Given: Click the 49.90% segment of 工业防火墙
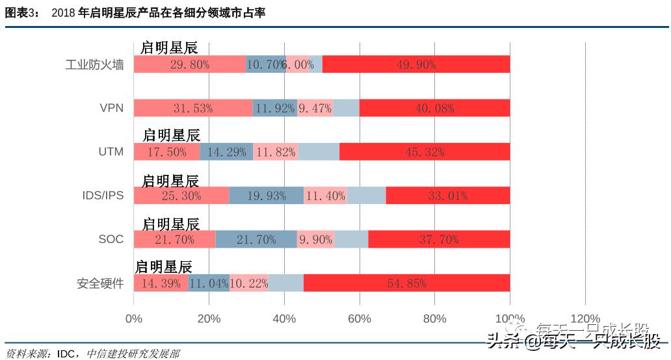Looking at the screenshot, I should click(416, 64).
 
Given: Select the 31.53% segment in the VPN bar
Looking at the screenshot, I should click(193, 108).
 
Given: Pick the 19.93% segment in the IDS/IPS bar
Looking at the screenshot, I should click(266, 195).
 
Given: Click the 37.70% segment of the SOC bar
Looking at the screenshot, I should click(439, 239).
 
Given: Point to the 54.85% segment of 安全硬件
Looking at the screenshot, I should click(406, 283).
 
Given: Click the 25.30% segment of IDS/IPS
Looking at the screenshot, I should click(181, 195).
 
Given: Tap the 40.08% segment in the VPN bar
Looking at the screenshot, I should click(434, 108).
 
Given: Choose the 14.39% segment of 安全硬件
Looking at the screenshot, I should click(161, 283).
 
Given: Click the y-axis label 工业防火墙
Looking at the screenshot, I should click(94, 65).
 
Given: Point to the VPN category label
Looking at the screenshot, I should click(111, 109).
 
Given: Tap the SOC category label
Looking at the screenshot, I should click(111, 239).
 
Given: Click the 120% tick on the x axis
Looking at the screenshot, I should click(585, 318).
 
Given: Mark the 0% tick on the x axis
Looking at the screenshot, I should click(133, 318).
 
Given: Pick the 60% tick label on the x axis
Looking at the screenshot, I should click(360, 318).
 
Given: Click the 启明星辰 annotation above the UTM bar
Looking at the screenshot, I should click(171, 135).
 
